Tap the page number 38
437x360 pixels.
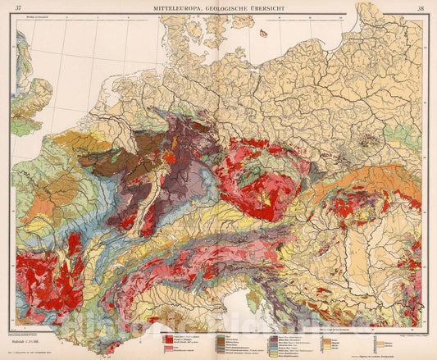420,9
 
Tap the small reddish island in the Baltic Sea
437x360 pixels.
263,34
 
